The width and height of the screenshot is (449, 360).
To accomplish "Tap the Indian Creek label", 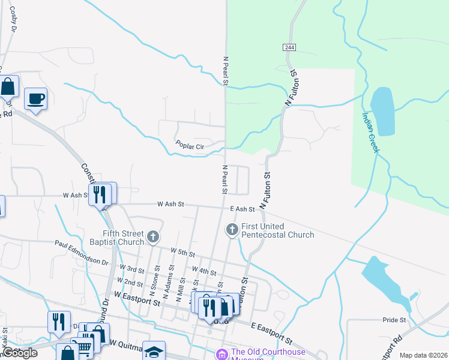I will coord(370,133).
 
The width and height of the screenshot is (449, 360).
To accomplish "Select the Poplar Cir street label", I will coord(190,145).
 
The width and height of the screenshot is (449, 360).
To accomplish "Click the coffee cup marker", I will coord(36,98).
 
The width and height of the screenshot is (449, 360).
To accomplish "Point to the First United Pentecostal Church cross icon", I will coord(232,229).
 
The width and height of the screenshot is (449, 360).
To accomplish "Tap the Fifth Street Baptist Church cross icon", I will coord(153,237).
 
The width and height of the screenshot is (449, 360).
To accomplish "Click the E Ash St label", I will coord(243,209).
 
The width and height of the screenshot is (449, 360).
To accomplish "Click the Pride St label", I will coord(394,320).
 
